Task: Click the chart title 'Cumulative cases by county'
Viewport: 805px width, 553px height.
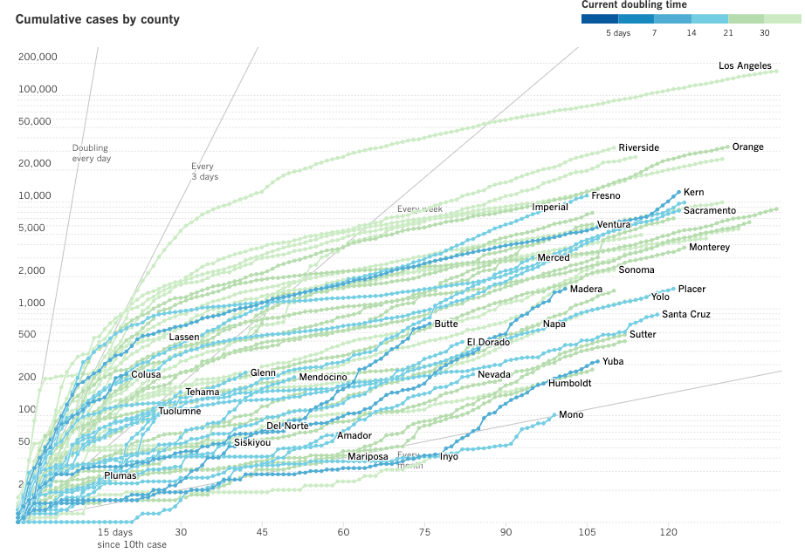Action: (x=98, y=19)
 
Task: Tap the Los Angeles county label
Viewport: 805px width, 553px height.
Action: (x=745, y=66)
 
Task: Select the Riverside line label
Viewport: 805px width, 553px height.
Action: (x=638, y=148)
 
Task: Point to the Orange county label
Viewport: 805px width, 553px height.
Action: (x=747, y=147)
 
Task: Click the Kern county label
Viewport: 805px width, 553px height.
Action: (x=693, y=193)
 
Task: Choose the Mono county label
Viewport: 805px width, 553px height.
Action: (x=571, y=415)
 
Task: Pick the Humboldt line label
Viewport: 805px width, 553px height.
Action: (x=569, y=384)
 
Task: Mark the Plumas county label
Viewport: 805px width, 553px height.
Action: (x=120, y=476)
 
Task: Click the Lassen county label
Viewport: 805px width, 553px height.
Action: (x=184, y=338)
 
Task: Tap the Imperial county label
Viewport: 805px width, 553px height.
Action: (x=550, y=208)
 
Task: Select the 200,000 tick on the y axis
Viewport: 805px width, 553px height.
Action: (x=38, y=58)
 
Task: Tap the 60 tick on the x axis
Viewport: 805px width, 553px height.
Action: (x=344, y=532)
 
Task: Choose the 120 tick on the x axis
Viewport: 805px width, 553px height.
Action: (x=669, y=532)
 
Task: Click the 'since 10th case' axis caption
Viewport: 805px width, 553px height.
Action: (x=132, y=545)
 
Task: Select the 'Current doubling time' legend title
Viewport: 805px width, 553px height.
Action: (x=634, y=5)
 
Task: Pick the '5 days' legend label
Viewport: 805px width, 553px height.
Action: (x=618, y=33)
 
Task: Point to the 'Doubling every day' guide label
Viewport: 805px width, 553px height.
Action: (x=91, y=154)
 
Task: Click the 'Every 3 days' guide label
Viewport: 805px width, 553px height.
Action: (x=204, y=171)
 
